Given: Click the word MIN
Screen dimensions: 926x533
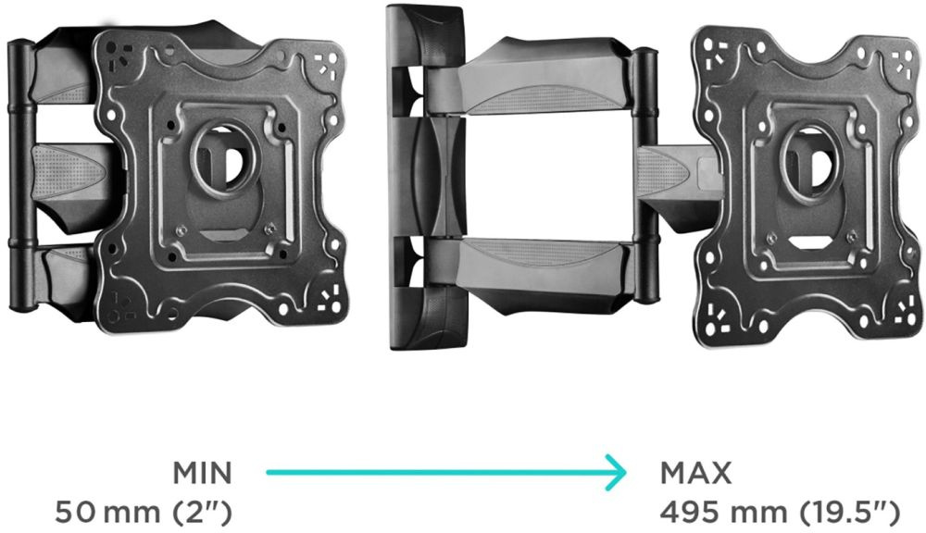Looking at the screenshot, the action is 203,473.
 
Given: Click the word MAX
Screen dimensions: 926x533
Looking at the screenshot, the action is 695,473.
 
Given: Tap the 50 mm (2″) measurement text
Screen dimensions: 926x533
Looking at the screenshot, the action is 144,513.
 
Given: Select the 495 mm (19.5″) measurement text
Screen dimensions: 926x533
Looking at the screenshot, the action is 780,513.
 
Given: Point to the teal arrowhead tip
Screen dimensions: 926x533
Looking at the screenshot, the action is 626,472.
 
